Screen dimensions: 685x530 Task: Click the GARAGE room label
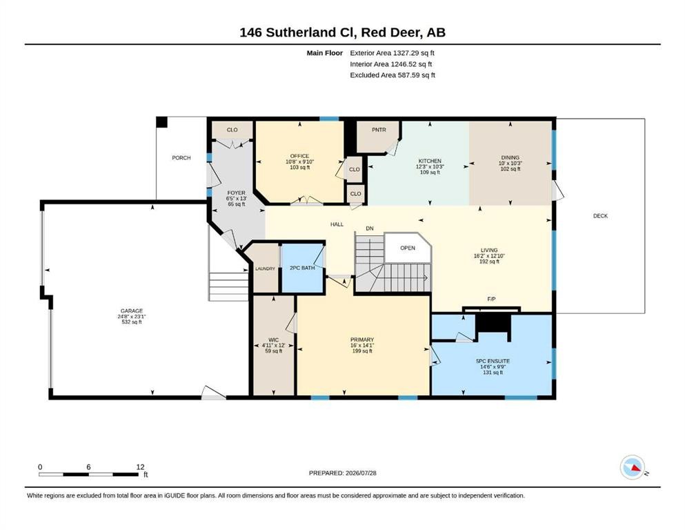click(132, 311)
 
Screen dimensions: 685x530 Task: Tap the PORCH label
click(181, 158)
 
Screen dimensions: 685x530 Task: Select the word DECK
click(600, 216)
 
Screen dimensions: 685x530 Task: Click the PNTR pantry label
click(379, 130)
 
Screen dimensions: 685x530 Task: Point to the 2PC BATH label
click(302, 268)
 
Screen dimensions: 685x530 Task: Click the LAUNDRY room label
click(265, 268)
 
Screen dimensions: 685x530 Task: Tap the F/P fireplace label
click(491, 300)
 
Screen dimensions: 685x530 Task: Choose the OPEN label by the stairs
click(408, 248)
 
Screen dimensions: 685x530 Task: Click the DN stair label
click(370, 228)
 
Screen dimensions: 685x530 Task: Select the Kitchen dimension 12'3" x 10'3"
click(430, 166)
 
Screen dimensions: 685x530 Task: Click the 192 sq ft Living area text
click(489, 262)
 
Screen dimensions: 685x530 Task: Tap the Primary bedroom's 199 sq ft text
click(362, 351)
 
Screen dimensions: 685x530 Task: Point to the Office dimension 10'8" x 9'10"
click(299, 161)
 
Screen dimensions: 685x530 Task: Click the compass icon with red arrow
click(632, 467)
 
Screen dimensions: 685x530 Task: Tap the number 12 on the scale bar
click(140, 467)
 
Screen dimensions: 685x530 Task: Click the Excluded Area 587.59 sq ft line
click(393, 75)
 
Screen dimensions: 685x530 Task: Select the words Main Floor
click(325, 53)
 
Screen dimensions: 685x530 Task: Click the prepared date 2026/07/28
click(361, 473)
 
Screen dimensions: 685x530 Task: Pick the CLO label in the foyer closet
click(232, 130)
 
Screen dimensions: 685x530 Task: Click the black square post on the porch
click(161, 122)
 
